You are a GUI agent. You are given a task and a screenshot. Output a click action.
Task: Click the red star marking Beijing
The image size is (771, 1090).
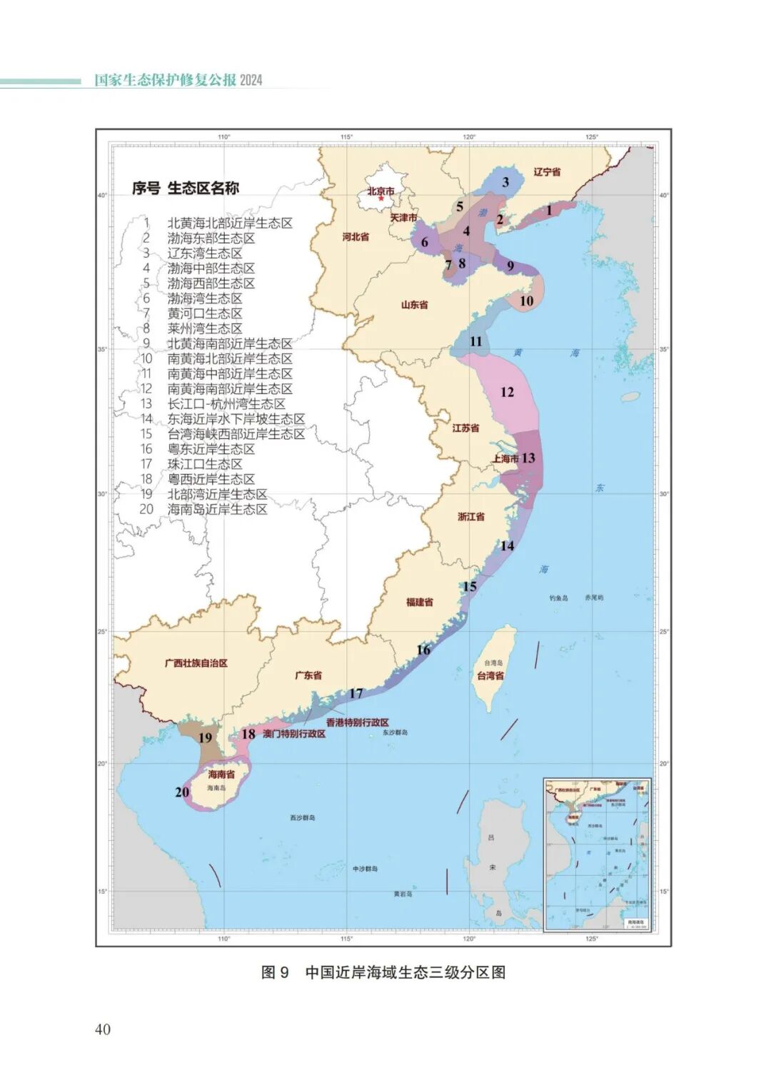click(x=381, y=198)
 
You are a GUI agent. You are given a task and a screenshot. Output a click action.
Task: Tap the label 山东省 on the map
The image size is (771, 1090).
click(x=414, y=305)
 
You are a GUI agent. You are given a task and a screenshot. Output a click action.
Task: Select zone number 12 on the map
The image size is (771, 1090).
click(x=507, y=392)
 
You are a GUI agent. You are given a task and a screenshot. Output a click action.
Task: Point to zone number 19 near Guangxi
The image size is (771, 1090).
click(x=206, y=737)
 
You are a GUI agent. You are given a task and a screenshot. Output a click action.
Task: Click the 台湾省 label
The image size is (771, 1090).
click(x=490, y=675)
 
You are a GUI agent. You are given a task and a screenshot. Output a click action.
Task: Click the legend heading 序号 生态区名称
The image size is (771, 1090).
click(x=185, y=188)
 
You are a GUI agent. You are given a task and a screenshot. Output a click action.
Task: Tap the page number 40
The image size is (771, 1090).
click(x=103, y=1029)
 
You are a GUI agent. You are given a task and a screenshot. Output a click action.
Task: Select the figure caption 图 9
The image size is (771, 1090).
click(x=275, y=972)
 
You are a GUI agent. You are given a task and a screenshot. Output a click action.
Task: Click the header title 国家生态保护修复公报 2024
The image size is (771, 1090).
click(x=178, y=80)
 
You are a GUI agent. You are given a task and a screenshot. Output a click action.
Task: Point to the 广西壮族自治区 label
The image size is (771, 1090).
click(x=196, y=663)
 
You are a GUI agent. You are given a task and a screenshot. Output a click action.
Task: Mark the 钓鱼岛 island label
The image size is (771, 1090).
click(x=559, y=597)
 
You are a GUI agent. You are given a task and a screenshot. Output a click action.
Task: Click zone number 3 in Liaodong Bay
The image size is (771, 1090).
click(x=505, y=182)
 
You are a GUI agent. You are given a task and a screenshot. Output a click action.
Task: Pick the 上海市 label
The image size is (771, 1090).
click(x=505, y=459)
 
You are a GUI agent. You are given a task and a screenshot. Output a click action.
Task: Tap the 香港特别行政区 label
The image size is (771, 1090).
click(x=357, y=722)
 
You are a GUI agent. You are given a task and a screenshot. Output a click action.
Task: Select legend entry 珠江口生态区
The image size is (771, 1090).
click(x=204, y=464)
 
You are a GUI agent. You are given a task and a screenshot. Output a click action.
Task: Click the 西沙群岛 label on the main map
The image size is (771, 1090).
click(x=303, y=817)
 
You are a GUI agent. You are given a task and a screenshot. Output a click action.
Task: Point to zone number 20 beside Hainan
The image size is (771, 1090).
click(x=182, y=792)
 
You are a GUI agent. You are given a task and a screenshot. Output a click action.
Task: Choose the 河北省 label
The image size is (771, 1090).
click(x=356, y=237)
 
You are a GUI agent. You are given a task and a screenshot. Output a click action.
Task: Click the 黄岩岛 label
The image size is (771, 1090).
click(x=403, y=894)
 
